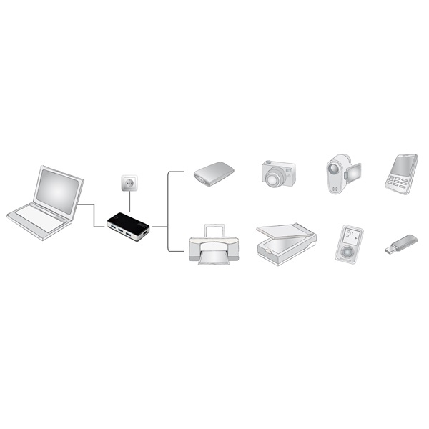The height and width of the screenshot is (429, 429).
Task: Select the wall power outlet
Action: pos(129,184)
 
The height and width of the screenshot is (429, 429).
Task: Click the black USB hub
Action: pos(127,223)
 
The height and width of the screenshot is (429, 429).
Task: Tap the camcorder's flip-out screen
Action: pos(354,172)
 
